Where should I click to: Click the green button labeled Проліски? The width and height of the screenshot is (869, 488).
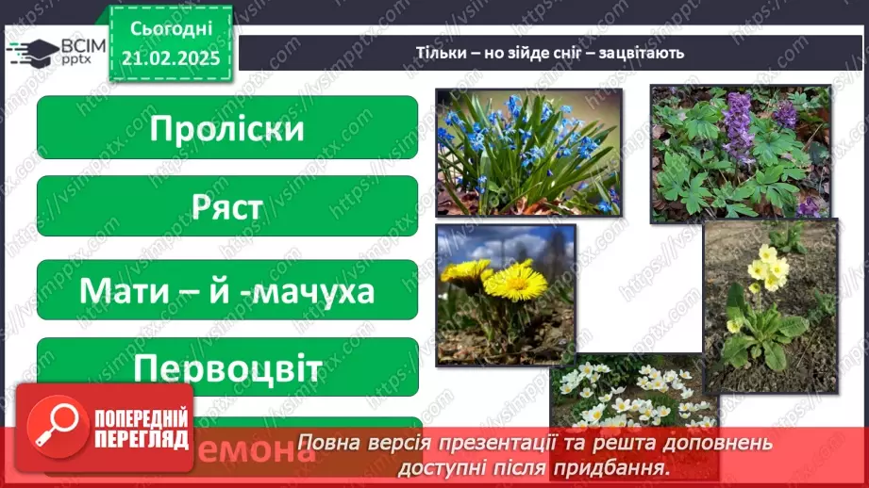[226, 127]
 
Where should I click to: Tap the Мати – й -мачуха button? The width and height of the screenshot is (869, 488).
[226, 290]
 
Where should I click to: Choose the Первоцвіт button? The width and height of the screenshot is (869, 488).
[226, 366]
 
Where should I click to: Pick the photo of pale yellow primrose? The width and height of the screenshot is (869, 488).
[770, 305]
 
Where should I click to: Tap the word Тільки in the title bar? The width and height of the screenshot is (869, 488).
[437, 53]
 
